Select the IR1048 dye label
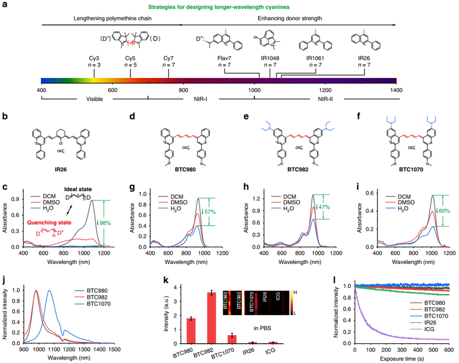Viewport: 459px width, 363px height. (270, 58)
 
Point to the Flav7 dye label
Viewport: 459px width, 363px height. (225, 58)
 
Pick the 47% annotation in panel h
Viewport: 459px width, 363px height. (324, 207)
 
